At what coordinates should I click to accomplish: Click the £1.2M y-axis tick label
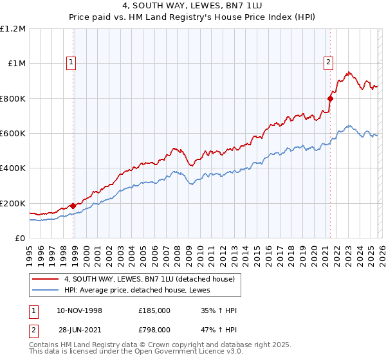(13, 29)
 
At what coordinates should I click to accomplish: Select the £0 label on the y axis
(21, 238)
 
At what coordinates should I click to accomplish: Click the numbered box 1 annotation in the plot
(70, 62)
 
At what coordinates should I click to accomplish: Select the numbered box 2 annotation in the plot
(327, 62)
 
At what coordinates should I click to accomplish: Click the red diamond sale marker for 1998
(73, 206)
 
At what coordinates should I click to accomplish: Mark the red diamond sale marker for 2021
(330, 98)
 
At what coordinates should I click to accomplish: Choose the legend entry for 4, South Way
(152, 278)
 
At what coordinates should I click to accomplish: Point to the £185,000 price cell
(154, 310)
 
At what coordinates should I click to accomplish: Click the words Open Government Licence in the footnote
(192, 352)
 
